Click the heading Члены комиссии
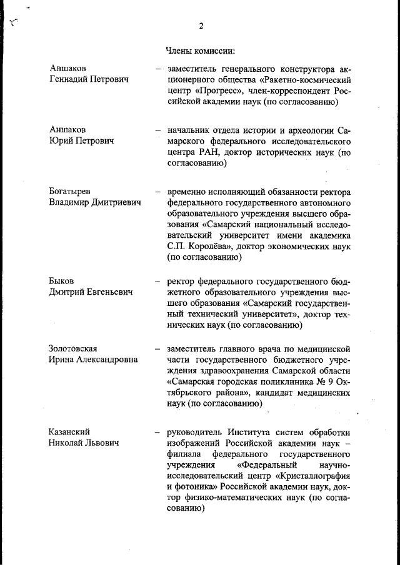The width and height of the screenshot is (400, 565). (200, 49)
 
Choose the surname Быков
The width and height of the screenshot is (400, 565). (62, 280)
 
